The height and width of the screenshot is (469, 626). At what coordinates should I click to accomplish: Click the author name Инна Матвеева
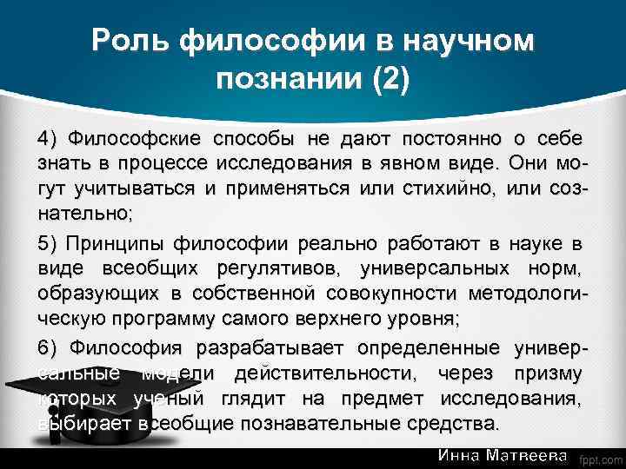[503, 455]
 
